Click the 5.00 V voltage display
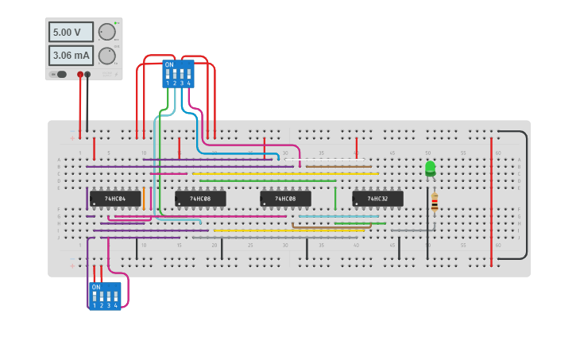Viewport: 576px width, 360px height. [71, 32]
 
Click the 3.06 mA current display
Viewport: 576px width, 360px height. [71, 56]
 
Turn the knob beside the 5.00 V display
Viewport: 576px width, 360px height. [106, 32]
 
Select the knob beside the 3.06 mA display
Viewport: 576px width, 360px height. [106, 56]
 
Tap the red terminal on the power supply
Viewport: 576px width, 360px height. [80, 75]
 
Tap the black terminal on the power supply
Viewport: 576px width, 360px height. [87, 75]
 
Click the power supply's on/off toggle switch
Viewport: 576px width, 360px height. [59, 75]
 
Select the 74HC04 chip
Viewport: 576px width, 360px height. [115, 199]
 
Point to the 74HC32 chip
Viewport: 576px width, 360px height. [377, 199]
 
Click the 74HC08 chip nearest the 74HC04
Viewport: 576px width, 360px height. [200, 199]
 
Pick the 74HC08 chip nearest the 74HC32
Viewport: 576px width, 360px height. [285, 199]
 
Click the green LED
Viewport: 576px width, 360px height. [430, 168]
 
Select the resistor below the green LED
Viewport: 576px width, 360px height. [435, 202]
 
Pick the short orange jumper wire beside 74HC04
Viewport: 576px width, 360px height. [144, 198]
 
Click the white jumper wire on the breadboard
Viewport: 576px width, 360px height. [326, 159]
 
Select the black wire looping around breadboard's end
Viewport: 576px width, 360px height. [525, 195]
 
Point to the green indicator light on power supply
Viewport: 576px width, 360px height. [117, 22]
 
